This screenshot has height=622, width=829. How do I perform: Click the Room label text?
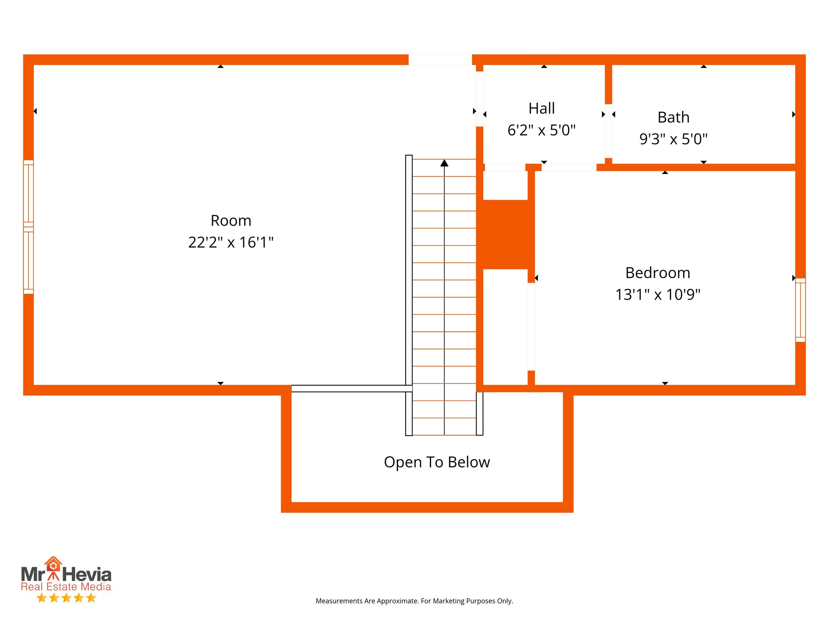(x=231, y=221)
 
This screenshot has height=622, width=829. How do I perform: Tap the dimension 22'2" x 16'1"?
(x=231, y=242)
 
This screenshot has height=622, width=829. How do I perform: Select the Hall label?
(x=542, y=109)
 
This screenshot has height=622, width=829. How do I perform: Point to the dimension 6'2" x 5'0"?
(x=542, y=130)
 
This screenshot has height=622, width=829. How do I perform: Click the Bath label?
(x=673, y=117)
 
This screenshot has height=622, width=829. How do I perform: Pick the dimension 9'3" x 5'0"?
(x=673, y=139)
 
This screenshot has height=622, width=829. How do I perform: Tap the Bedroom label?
(x=658, y=273)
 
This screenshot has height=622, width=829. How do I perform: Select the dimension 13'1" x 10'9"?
(x=658, y=294)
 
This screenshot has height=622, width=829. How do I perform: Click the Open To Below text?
(x=437, y=462)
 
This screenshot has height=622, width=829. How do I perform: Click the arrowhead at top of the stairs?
(x=444, y=163)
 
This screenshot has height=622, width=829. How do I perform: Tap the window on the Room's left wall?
(x=28, y=227)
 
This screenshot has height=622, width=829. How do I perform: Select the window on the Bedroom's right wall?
(x=800, y=310)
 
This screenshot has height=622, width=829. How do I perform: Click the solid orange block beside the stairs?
(x=506, y=234)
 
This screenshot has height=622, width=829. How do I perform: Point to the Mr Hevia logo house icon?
(x=53, y=564)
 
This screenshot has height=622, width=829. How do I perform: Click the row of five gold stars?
(x=66, y=598)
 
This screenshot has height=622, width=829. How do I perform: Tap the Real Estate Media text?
(x=66, y=587)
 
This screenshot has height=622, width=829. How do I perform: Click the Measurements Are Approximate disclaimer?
(x=414, y=601)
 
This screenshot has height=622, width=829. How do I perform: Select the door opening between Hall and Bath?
(x=608, y=131)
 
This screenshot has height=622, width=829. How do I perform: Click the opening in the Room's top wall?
(x=440, y=60)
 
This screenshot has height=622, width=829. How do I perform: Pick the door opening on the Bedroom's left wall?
(x=531, y=326)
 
